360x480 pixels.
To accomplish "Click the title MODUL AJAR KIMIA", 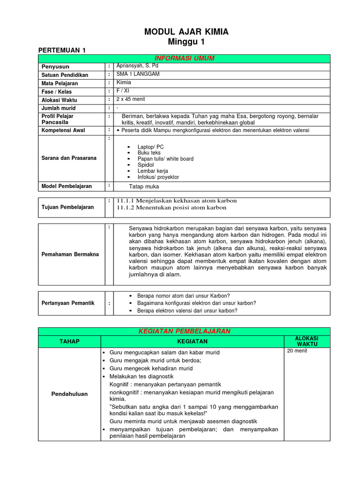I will pos(186,32).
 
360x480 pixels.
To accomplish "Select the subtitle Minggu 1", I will pos(186,42).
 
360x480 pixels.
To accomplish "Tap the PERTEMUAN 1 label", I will pos(62,50).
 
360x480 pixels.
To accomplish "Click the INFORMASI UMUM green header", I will pos(184,58).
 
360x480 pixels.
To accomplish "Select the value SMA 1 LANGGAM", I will pos(138,74).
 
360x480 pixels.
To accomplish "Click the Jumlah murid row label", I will pos(58,108).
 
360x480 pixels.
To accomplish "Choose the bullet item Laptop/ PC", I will pos(150,147).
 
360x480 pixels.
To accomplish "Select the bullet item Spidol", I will pos(146,165).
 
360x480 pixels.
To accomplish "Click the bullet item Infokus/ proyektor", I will pos(158,177).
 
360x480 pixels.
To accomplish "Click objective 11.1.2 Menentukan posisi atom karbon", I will pos(171,208).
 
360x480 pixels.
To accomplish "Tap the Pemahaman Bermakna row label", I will pos(70,254).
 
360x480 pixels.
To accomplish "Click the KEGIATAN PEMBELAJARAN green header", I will pos(184,331).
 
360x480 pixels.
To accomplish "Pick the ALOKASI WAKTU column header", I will pos(307,341).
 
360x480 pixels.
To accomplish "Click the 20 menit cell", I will pos(297,351).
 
